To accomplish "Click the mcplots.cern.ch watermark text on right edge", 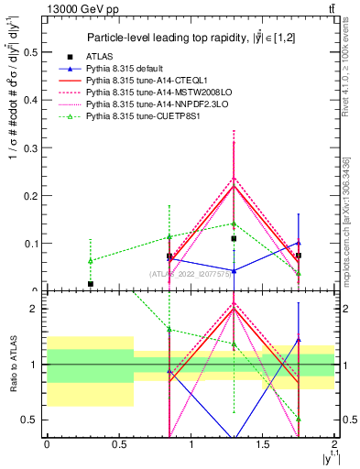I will tap(351, 229).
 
